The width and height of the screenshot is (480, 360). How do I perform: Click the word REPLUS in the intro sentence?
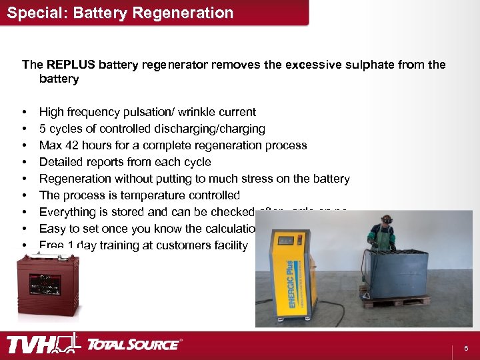click(x=71, y=65)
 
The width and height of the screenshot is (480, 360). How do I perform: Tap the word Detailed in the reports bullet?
click(x=61, y=162)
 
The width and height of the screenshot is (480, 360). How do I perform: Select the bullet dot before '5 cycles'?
click(x=24, y=129)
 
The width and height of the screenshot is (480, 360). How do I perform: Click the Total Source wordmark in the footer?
click(x=133, y=345)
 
